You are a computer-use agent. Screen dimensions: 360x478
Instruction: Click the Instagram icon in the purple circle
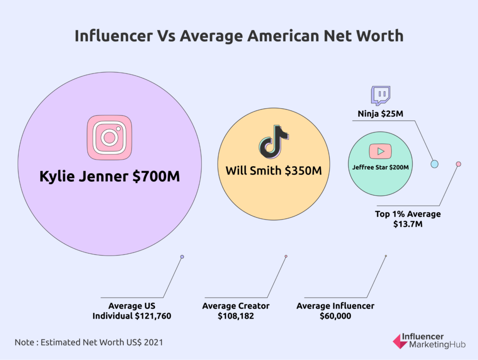(x=109, y=137)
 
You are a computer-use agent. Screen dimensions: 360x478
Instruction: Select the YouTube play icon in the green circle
(x=380, y=151)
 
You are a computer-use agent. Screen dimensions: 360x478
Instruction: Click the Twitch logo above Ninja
(x=380, y=95)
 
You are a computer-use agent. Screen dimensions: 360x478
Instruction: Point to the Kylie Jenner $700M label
(x=109, y=176)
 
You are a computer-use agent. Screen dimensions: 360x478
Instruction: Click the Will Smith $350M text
(x=274, y=171)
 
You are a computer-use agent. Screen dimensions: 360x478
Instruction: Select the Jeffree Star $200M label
(x=380, y=167)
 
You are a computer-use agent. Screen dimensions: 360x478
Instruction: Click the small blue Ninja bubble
(x=434, y=164)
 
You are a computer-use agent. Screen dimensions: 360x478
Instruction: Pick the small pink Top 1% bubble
(x=458, y=164)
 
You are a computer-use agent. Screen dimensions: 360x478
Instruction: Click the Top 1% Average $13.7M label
(x=408, y=219)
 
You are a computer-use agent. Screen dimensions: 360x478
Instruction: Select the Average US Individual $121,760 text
(x=132, y=311)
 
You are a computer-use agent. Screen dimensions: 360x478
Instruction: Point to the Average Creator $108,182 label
(x=236, y=311)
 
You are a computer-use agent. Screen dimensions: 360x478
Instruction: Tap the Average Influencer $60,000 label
(x=335, y=311)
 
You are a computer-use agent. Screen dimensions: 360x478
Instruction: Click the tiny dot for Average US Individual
(x=182, y=257)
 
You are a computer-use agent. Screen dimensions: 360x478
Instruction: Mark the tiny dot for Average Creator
(x=286, y=256)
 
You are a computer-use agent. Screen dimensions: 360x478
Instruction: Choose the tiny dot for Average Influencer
(x=386, y=256)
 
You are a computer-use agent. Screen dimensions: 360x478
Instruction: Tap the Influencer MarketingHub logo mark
(x=400, y=341)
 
